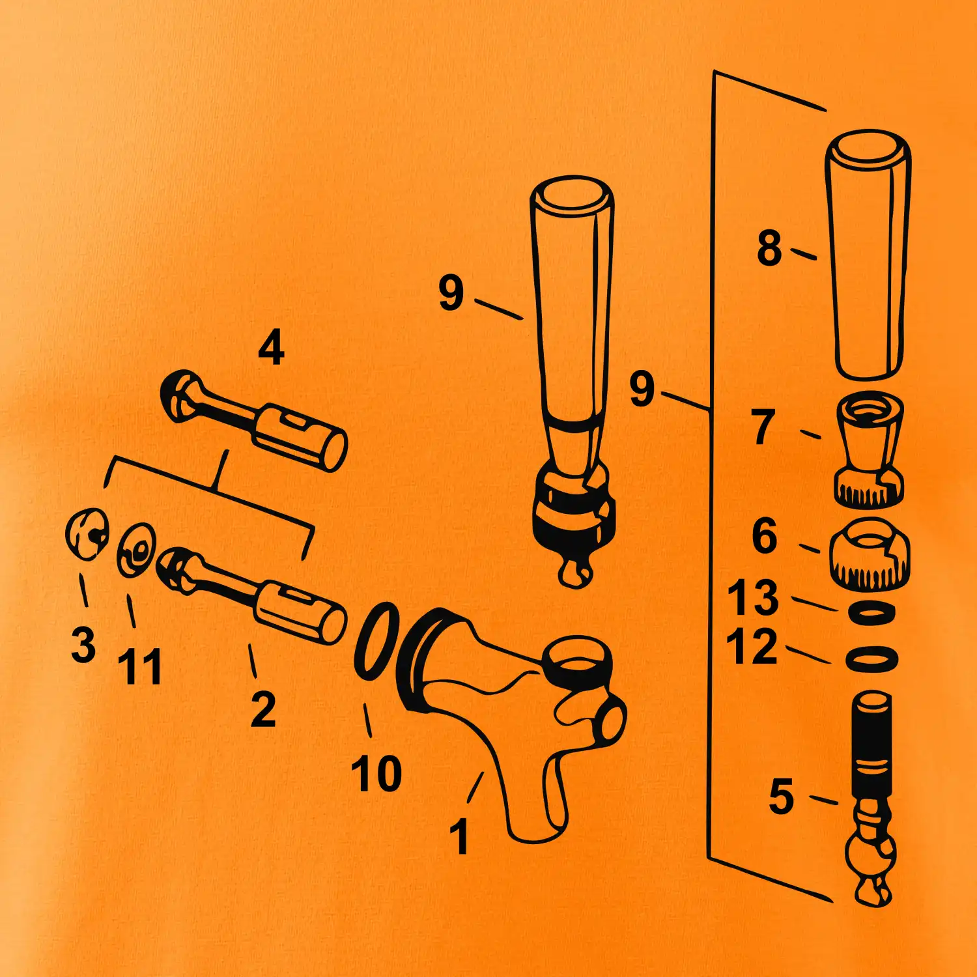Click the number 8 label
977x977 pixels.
point(769,248)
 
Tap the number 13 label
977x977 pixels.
point(753,597)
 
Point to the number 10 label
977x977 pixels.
point(376,773)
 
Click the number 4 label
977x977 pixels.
point(271,347)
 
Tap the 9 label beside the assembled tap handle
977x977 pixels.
point(451,292)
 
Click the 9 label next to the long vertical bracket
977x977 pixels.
point(642,389)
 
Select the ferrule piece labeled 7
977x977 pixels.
point(869,449)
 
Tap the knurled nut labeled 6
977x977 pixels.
point(870,554)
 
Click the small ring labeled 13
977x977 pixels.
point(871,613)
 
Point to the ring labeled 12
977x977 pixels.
point(871,658)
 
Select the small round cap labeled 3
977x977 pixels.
point(87,533)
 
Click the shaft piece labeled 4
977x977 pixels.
point(254,419)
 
